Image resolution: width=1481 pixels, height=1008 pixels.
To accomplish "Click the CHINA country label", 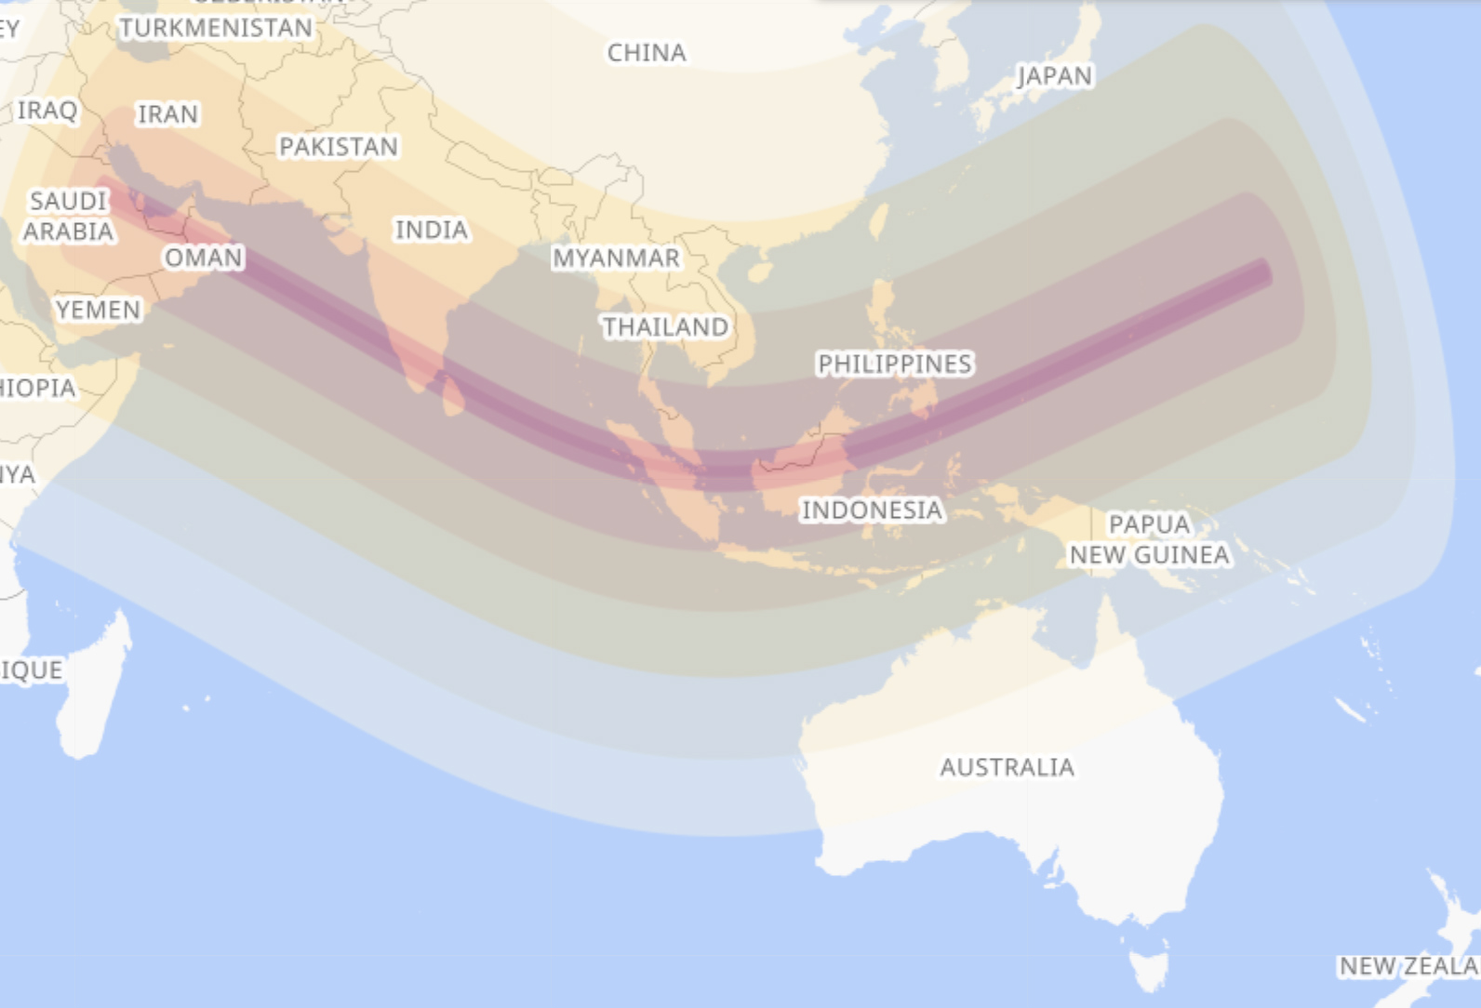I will point(647,53).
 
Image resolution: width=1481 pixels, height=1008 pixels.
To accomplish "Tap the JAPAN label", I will point(1055,75).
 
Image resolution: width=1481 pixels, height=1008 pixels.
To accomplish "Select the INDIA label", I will point(432,230).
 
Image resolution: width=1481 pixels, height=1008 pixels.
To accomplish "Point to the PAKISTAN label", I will point(339,147).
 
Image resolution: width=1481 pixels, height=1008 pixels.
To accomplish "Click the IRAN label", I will point(168,114).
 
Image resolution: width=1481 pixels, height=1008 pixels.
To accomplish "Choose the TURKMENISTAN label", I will point(216,28).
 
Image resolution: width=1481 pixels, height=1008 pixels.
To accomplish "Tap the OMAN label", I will point(204,258).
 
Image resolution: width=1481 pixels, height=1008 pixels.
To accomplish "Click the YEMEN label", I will point(99,310).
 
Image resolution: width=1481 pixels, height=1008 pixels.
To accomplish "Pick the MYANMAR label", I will point(616,258).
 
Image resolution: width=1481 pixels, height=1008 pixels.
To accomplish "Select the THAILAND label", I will point(665,327).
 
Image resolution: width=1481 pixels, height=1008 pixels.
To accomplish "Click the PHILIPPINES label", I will point(895,364).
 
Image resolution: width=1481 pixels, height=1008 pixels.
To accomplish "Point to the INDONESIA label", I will point(873,510).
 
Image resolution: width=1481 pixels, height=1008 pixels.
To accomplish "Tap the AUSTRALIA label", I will point(1007,767).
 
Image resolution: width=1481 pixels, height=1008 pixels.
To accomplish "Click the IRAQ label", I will point(47,111).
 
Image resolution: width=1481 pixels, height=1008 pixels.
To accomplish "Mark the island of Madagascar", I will point(93,688).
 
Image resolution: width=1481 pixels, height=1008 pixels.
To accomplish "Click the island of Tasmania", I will point(1150,969).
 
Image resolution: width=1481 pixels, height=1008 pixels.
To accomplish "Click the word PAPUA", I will point(1150,524).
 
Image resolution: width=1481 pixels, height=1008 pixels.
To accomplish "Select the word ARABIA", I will point(69,232).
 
